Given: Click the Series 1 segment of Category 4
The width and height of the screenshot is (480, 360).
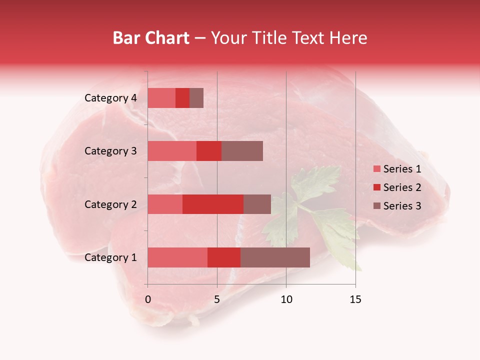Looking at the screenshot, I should click(161, 98).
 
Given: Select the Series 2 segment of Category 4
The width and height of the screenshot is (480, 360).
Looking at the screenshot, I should click(182, 98).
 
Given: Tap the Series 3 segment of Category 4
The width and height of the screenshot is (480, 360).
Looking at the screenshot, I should click(196, 98).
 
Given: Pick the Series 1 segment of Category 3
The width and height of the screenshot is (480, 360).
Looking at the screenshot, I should click(172, 151).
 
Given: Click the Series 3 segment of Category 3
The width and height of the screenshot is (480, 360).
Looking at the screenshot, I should click(242, 151).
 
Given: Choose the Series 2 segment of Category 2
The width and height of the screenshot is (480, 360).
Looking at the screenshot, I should click(213, 204).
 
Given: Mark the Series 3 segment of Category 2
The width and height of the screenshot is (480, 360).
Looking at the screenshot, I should click(257, 204).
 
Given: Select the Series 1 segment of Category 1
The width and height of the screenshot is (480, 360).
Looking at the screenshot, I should click(177, 257).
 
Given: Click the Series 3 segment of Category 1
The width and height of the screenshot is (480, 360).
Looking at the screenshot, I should click(275, 257).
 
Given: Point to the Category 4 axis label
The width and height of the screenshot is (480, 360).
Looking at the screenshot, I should click(110, 98).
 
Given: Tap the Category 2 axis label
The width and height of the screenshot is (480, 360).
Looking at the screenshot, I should click(110, 204).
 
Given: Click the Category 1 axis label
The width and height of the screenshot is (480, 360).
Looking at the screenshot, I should click(110, 257).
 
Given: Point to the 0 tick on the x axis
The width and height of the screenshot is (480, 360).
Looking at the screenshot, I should click(148, 299).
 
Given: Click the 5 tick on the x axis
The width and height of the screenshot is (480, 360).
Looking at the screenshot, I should click(217, 299).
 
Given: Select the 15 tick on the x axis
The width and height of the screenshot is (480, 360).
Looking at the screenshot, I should click(355, 299).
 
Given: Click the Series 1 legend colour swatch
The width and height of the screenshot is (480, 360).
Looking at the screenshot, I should click(376, 169).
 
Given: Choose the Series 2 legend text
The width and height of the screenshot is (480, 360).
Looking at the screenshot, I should click(402, 187).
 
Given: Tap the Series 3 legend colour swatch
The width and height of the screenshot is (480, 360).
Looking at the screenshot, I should click(376, 206).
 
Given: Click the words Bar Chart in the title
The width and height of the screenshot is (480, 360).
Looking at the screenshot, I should click(151, 38).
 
